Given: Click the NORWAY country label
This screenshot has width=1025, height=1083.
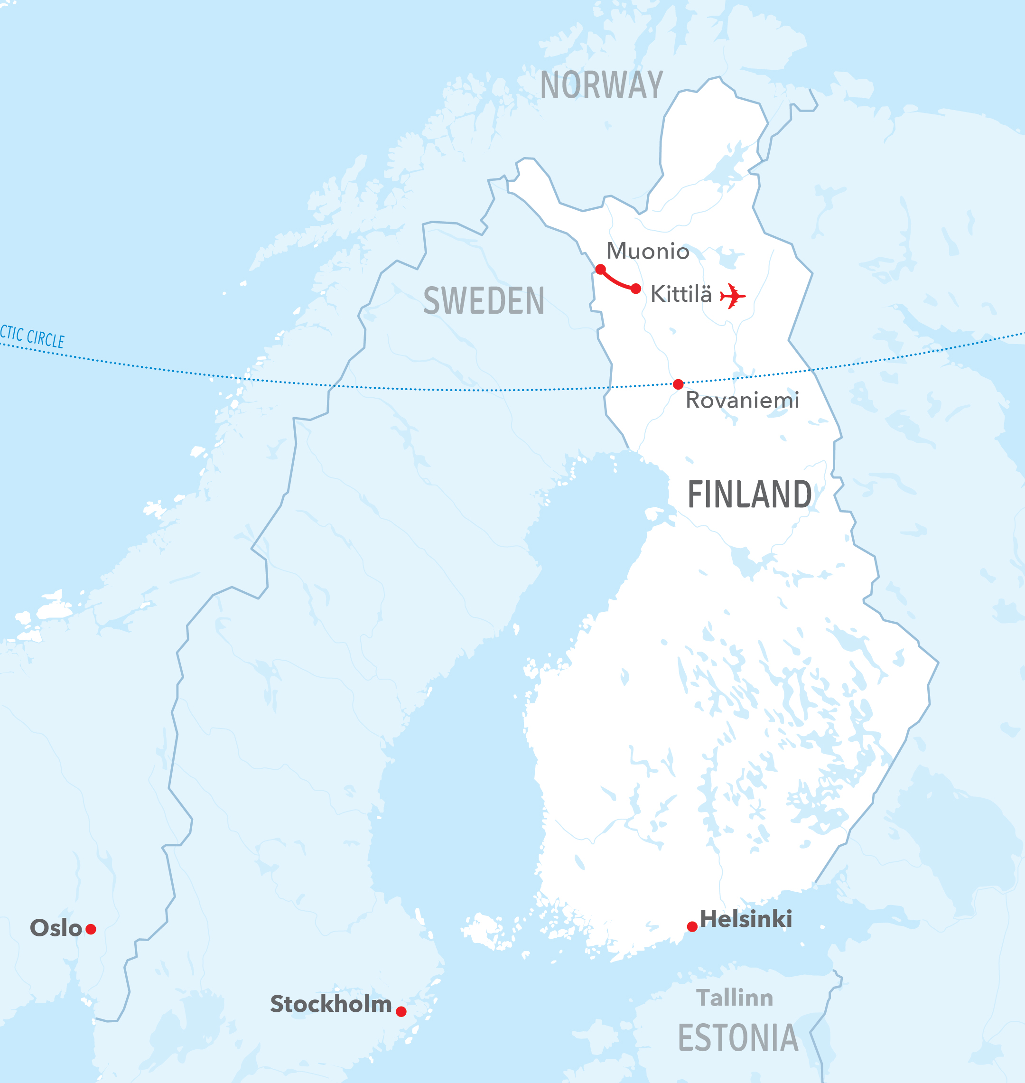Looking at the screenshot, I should point(602,85).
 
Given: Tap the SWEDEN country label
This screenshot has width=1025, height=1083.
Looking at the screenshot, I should point(484,301).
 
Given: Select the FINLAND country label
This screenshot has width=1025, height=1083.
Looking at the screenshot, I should point(749,495).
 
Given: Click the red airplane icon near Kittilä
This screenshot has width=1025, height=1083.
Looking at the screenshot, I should point(732,296).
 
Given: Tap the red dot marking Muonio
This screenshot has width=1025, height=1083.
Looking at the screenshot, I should point(600,270).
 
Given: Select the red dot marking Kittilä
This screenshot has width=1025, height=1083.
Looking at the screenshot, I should point(636,289).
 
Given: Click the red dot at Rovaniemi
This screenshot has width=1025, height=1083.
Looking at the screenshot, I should point(678,384).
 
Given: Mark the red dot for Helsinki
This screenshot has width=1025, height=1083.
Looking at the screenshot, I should point(692,927).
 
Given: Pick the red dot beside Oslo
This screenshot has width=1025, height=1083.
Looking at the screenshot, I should point(91,929).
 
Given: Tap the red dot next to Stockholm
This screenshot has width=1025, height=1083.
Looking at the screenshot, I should point(401,1011).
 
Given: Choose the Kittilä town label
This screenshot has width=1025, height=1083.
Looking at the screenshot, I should point(681,295).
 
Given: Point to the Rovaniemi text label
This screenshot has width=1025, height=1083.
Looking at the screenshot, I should point(742,401).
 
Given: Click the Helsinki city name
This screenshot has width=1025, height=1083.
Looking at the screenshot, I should point(746,919).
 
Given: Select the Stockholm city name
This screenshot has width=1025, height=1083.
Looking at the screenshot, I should point(331,1004).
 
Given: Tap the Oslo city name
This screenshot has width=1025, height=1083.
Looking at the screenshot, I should point(56,928).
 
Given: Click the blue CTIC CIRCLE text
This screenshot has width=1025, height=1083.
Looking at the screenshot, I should point(32,336).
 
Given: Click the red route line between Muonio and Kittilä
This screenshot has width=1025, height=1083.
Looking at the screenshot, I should point(616,282).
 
